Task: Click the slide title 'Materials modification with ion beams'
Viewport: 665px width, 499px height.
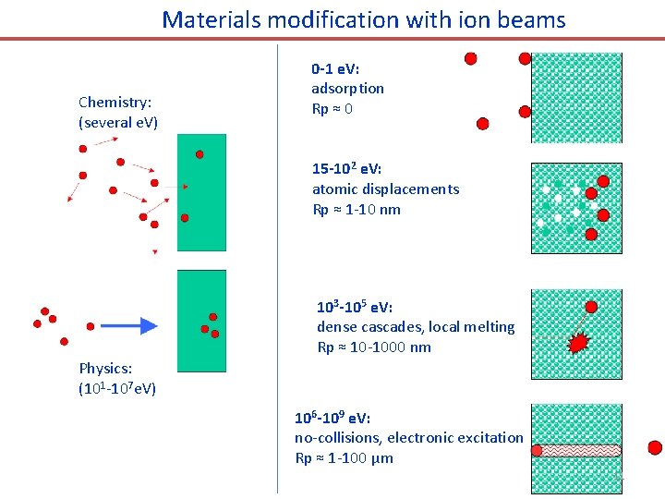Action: tap(364, 19)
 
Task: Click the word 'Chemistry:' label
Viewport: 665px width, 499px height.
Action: tap(115, 102)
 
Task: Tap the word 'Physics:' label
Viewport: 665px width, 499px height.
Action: tap(104, 368)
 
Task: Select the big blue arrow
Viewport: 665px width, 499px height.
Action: tap(129, 325)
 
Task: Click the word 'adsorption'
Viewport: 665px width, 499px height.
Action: tap(347, 89)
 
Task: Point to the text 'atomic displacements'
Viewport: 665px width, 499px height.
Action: tap(385, 189)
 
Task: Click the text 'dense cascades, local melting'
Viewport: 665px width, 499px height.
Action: tap(416, 327)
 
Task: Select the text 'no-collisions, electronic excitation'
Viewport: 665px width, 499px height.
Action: tap(408, 438)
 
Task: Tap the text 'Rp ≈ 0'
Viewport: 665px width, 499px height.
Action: tap(332, 109)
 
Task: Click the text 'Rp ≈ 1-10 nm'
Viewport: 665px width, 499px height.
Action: tap(357, 210)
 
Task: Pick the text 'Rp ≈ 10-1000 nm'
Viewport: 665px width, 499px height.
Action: tap(374, 347)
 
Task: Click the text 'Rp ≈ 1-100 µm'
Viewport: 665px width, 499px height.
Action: tap(344, 458)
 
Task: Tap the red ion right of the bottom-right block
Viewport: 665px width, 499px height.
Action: tap(655, 448)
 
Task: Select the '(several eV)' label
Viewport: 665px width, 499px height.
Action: tap(118, 122)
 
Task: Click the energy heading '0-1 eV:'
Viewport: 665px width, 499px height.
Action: tap(337, 68)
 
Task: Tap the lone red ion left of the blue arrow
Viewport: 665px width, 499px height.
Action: tap(91, 326)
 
